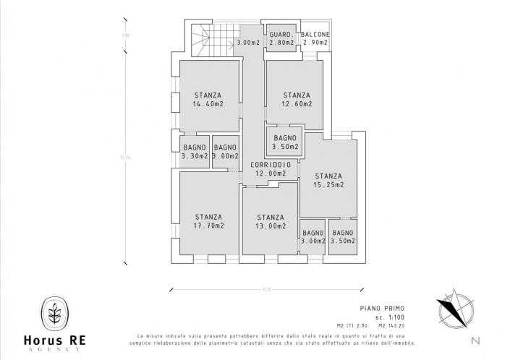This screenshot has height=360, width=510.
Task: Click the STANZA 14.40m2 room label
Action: [208, 100]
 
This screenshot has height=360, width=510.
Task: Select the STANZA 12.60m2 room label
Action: [297, 100]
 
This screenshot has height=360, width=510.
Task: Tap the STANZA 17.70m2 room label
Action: [209, 221]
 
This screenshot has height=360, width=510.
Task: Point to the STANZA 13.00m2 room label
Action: [270, 221]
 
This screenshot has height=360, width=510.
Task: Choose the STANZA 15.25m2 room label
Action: [328, 180]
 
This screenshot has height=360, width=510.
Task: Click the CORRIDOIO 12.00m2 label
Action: [271, 169]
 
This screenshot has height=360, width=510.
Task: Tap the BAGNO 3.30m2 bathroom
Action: [195, 152]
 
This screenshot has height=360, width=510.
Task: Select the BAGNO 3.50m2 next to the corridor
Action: [285, 142]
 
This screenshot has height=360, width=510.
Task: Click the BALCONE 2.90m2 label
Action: [316, 39]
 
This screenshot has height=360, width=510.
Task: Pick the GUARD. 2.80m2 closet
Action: [281, 39]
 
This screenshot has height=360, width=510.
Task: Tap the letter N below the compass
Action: [474, 340]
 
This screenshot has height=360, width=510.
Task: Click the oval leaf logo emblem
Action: [54, 312]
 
